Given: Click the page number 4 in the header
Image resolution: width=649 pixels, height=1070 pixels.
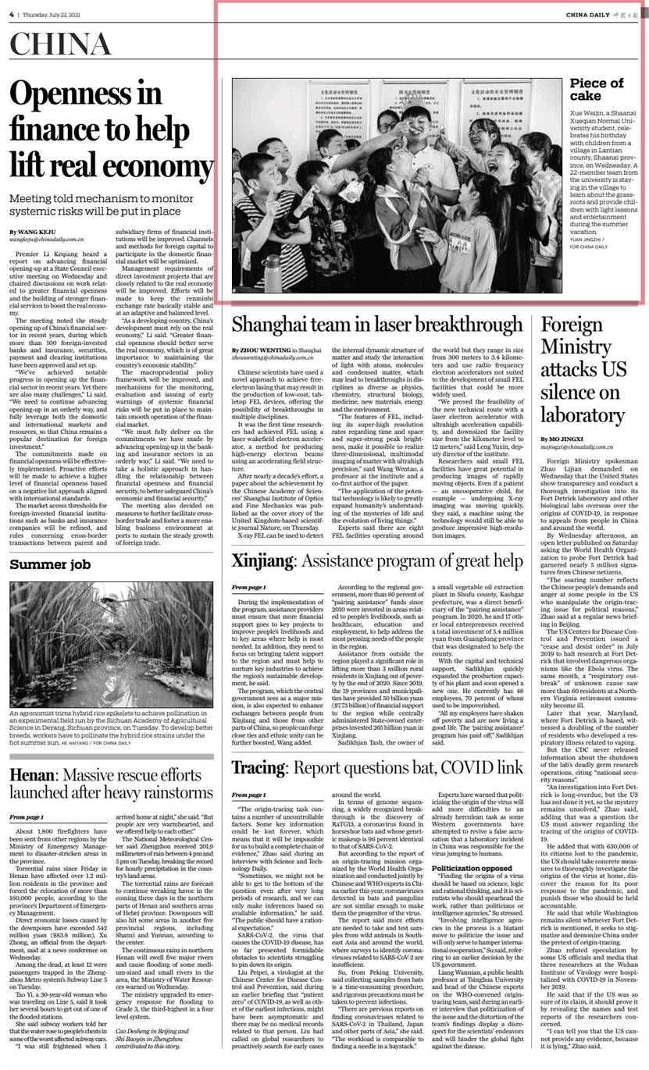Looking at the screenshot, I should [x=12, y=13].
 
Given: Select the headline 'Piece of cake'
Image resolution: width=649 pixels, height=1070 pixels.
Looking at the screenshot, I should [x=597, y=90].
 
